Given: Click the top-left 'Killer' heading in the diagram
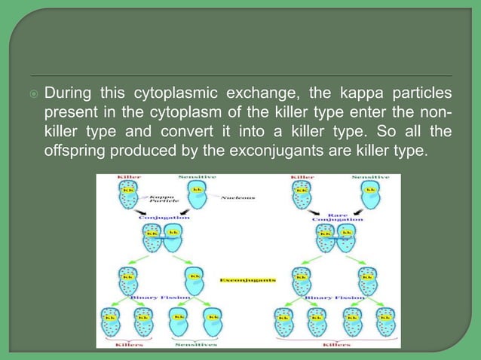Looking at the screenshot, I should pos(129,178).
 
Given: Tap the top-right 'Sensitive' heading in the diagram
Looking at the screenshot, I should pos(371,178).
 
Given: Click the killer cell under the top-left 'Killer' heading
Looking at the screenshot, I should pos(129,196).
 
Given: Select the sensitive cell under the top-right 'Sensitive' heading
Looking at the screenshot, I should pos(370,196).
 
